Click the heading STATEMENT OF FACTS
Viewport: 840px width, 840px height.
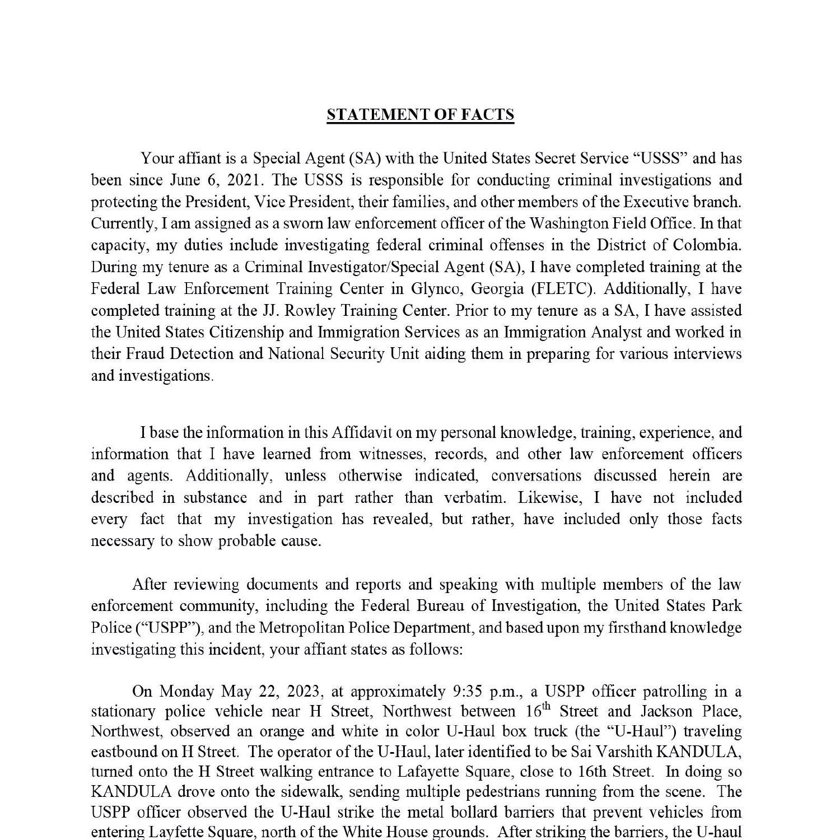click(420, 115)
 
